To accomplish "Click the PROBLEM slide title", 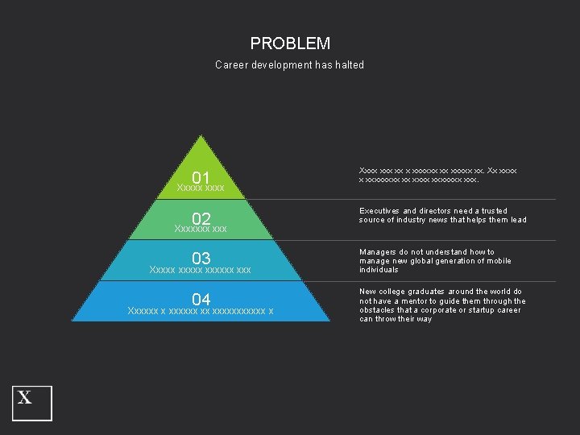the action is point(290,43).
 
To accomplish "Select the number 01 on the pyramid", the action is point(201,177).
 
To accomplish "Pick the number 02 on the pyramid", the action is point(201,218).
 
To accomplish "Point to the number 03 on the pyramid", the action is point(201,259).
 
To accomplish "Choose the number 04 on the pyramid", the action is point(201,300).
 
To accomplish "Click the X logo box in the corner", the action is point(32,403).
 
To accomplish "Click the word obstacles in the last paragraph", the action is point(378,310).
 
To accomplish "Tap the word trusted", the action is point(491,211).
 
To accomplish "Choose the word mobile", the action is point(498,261).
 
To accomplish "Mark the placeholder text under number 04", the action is point(201,311).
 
